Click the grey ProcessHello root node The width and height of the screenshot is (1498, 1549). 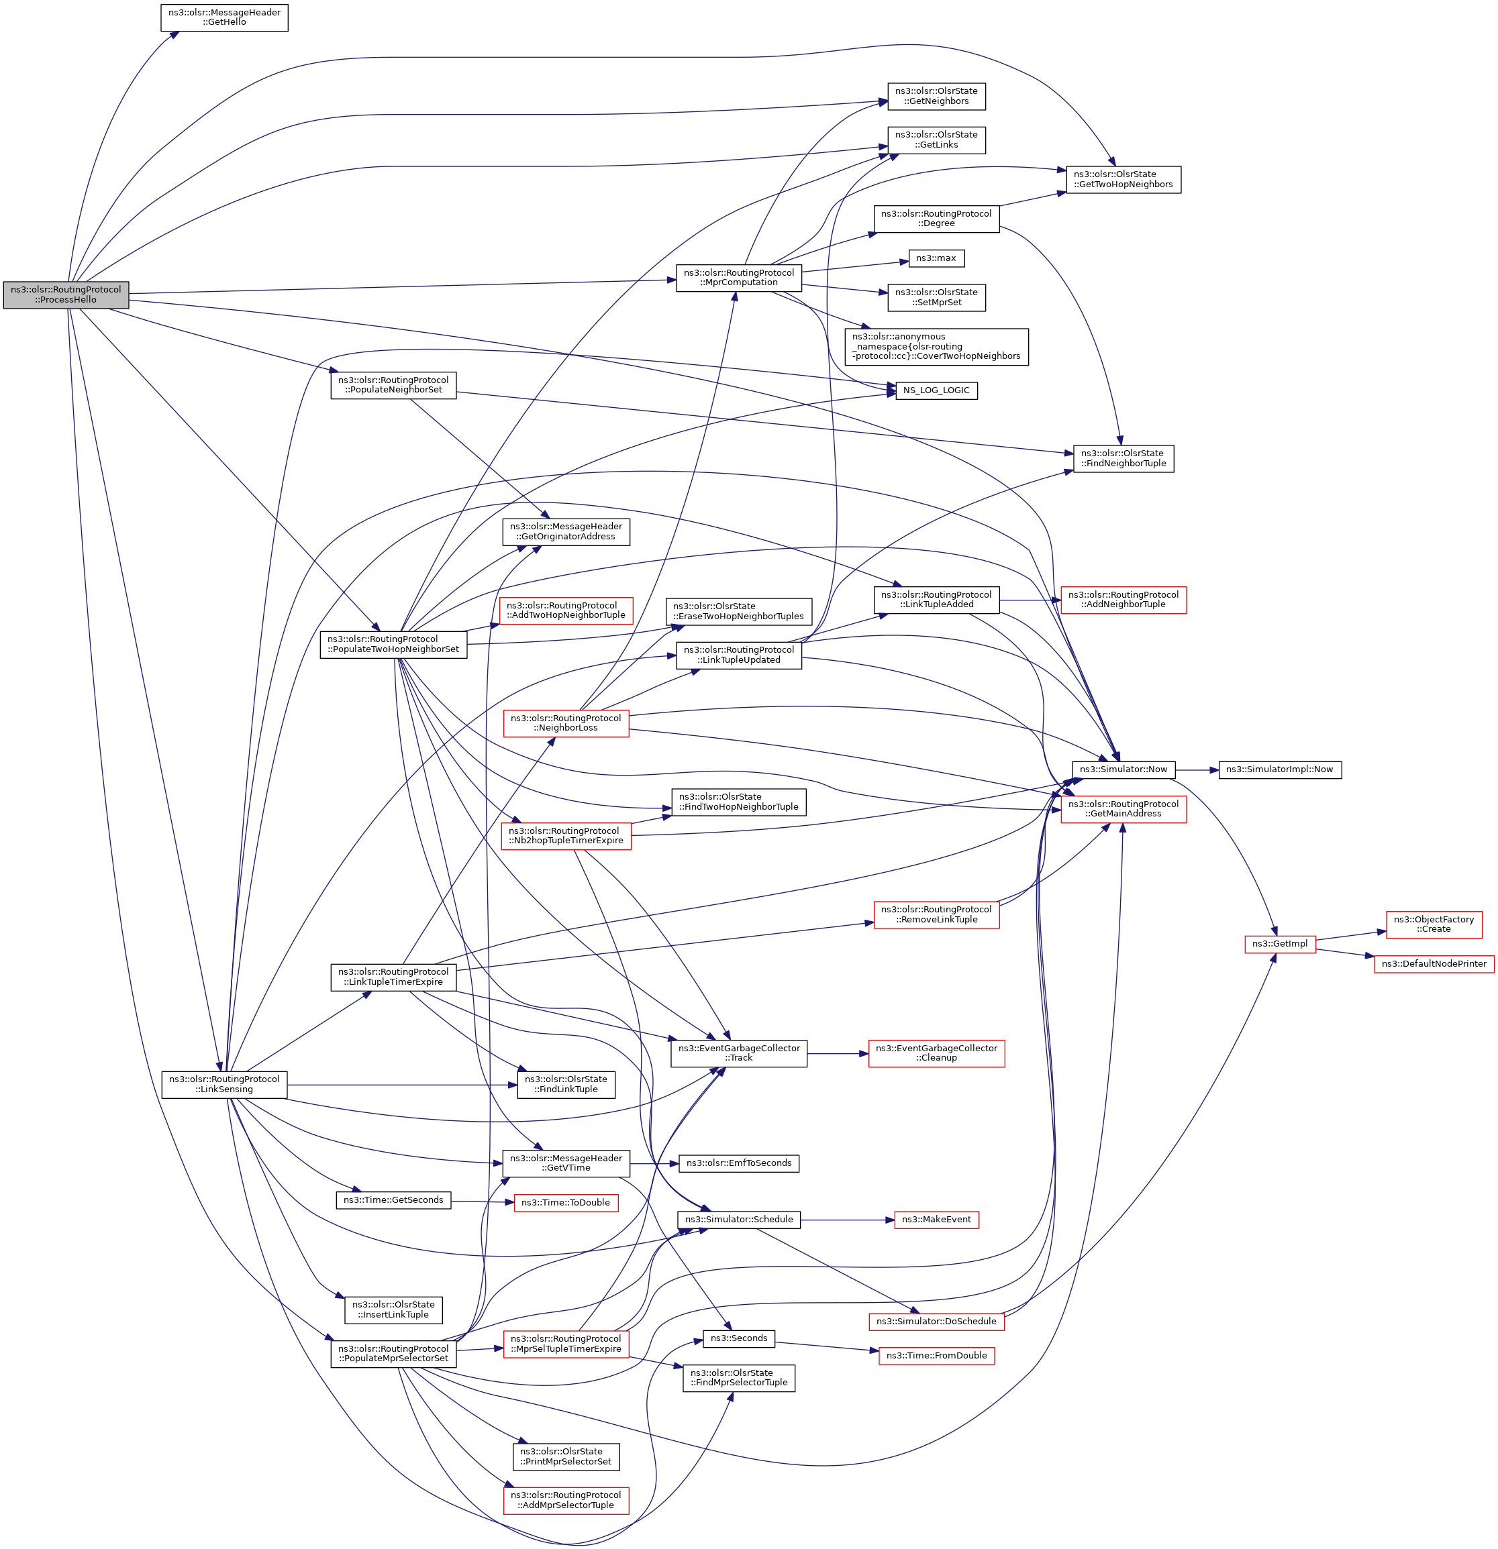(66, 295)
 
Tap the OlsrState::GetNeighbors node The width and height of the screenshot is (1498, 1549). (936, 97)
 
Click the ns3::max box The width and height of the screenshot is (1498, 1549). (936, 258)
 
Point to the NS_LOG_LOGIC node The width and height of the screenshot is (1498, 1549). (936, 390)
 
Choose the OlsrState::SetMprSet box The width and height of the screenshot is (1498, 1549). (936, 298)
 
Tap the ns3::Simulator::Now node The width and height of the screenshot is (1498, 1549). (1123, 769)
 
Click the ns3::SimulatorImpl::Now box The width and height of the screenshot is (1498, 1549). (1279, 769)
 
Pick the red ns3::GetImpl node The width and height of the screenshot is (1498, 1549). (1279, 944)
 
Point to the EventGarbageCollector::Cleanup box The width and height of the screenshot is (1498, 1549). (936, 1053)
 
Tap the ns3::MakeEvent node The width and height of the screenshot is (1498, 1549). (936, 1220)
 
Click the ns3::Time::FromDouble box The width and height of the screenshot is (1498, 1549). (936, 1355)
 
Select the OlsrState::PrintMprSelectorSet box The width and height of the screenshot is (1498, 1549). (566, 1456)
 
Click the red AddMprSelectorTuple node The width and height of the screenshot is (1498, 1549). (566, 1500)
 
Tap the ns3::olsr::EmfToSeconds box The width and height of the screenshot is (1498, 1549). (738, 1163)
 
